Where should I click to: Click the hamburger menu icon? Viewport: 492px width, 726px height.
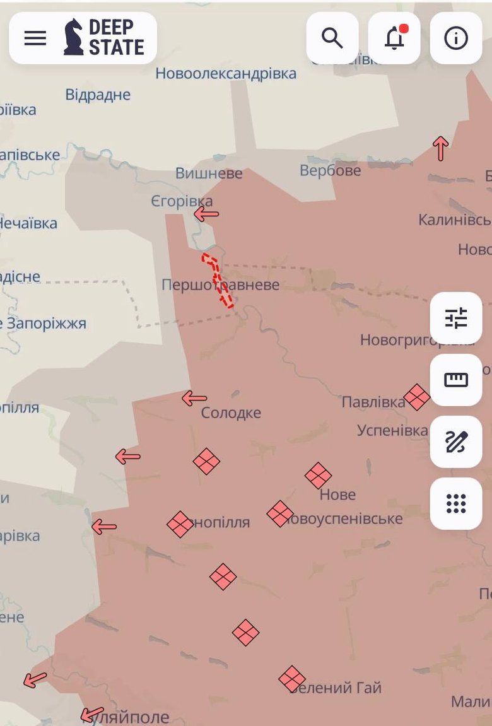tap(35, 38)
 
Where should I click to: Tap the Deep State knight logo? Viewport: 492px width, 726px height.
tap(74, 37)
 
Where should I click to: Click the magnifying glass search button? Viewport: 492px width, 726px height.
tap(332, 38)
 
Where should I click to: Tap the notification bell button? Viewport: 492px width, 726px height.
tap(394, 38)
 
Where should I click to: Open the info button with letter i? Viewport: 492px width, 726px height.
tap(456, 38)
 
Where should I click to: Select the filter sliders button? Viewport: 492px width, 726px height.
tap(456, 319)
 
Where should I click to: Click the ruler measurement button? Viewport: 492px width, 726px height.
tap(456, 380)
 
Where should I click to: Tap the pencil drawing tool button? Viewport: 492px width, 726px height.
tap(456, 442)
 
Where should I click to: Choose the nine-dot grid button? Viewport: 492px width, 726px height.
tap(456, 503)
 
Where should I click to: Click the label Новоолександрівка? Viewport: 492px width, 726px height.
tap(226, 74)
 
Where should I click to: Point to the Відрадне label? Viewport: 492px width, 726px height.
tap(98, 95)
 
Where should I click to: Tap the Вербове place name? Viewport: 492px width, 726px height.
tap(330, 171)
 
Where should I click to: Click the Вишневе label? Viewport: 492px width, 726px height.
tap(209, 173)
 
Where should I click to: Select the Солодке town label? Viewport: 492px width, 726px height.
tap(231, 413)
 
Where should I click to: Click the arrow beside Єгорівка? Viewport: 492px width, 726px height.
tap(206, 214)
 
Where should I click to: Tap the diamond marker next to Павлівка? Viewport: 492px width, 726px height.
tap(417, 397)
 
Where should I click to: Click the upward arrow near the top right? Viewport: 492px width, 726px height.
tap(440, 148)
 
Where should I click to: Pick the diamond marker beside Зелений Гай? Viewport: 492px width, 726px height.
tap(292, 679)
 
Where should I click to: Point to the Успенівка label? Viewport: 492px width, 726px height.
tap(392, 431)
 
